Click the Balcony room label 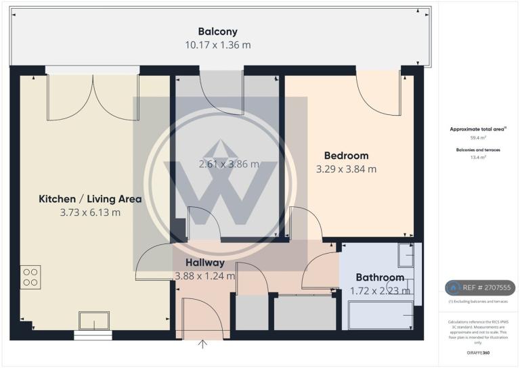(x=217, y=31)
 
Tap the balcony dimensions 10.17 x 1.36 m (x=217, y=45)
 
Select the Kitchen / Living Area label (x=90, y=199)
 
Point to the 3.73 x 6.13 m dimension (x=90, y=212)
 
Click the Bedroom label (x=346, y=156)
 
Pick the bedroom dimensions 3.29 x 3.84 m (x=346, y=169)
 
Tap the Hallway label (x=204, y=262)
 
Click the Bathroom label (x=380, y=277)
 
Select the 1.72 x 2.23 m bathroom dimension (x=380, y=291)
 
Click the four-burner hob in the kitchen (x=30, y=277)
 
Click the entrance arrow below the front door (x=202, y=345)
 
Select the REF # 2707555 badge (x=479, y=287)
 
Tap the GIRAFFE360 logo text (x=478, y=353)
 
